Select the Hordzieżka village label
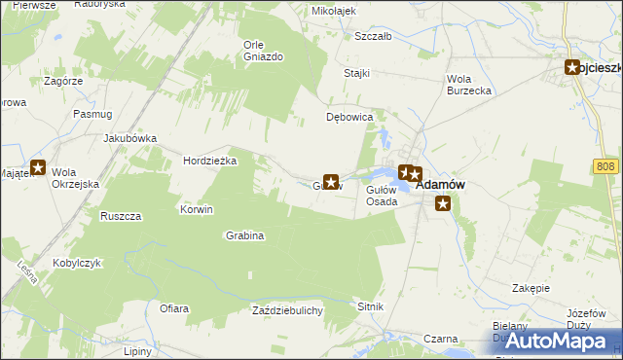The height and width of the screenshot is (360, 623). pyautogui.click(x=210, y=162)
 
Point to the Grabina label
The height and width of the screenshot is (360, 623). pyautogui.click(x=245, y=235)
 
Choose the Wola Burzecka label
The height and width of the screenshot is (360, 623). pyautogui.click(x=468, y=85)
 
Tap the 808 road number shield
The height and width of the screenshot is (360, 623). pyautogui.click(x=605, y=167)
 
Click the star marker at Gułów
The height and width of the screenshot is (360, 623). pyautogui.click(x=331, y=181)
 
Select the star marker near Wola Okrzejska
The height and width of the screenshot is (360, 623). pyautogui.click(x=38, y=167)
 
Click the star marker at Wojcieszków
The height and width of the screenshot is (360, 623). pyautogui.click(x=574, y=67)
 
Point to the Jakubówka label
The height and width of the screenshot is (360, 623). pyautogui.click(x=129, y=138)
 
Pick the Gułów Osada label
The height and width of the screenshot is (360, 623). pyautogui.click(x=382, y=196)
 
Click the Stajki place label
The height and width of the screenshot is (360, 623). pyautogui.click(x=357, y=73)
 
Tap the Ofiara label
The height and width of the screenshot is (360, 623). pyautogui.click(x=173, y=308)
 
